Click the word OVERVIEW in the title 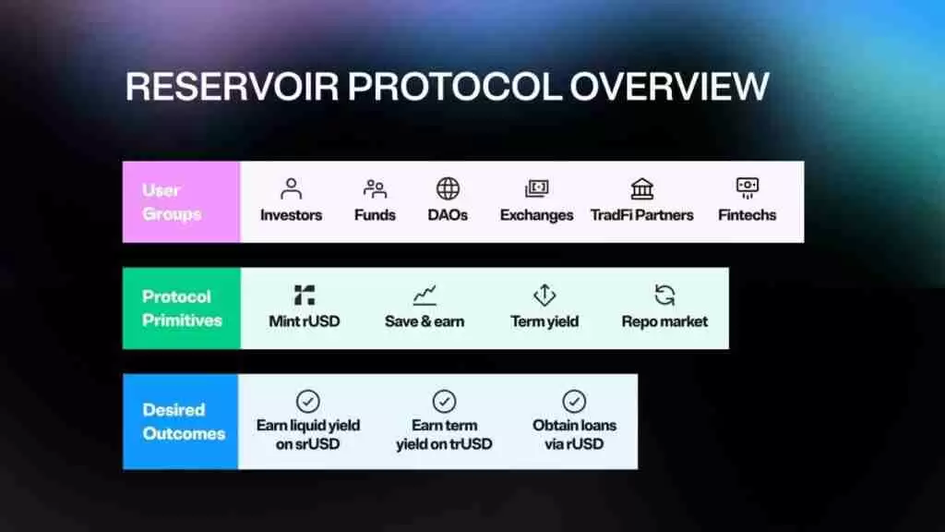[x=669, y=86]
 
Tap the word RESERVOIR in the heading [x=233, y=86]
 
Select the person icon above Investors [x=291, y=188]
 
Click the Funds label [x=375, y=215]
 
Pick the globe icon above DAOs [x=448, y=188]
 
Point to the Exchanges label [x=536, y=215]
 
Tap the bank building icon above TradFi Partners [x=642, y=188]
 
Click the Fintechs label [x=747, y=215]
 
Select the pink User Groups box [x=182, y=202]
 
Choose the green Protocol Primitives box [x=182, y=308]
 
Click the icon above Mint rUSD [x=305, y=295]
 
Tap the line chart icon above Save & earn [x=425, y=295]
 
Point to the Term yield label [x=544, y=321]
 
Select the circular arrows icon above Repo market [x=664, y=295]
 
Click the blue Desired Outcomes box [x=181, y=421]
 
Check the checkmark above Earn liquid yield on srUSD [x=308, y=401]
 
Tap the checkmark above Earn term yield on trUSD [x=444, y=401]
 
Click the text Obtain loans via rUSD [x=574, y=434]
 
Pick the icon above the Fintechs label [x=748, y=188]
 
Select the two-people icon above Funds [x=375, y=188]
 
